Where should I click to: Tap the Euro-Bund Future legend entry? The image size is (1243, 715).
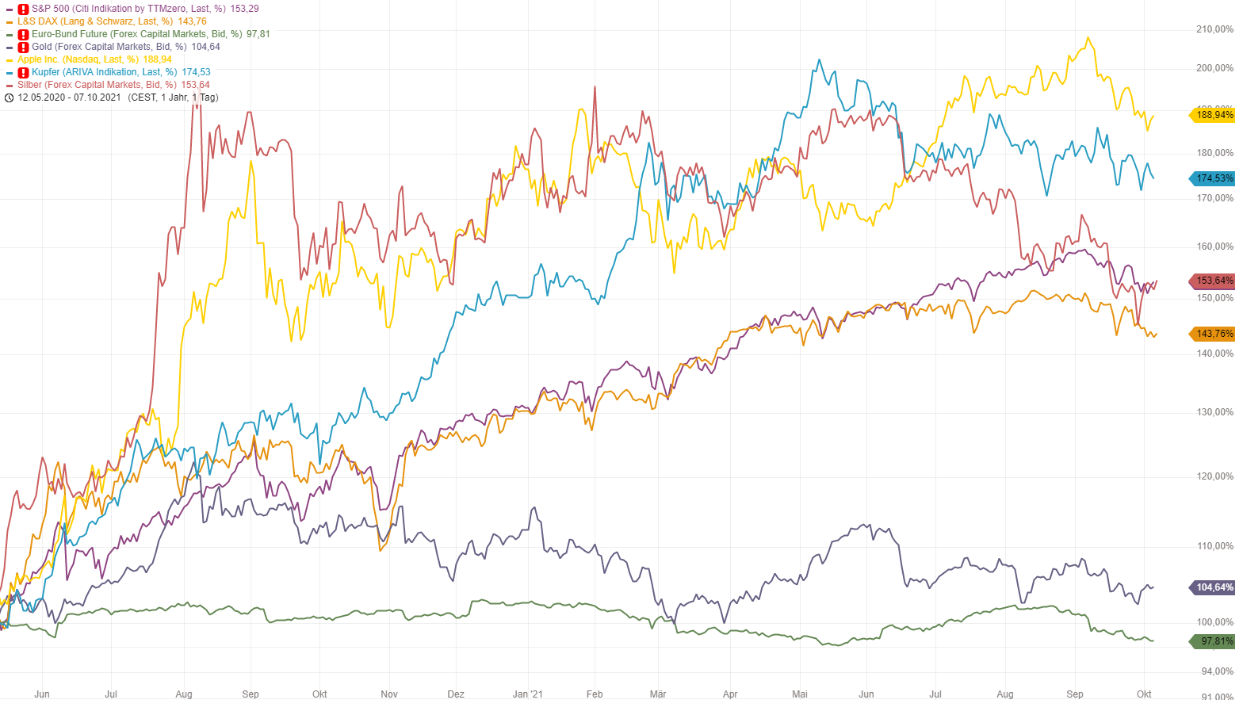point(136,34)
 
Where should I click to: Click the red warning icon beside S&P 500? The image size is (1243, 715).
point(23,9)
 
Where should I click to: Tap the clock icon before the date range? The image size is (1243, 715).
point(9,97)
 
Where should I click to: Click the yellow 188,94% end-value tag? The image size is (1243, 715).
point(1213,115)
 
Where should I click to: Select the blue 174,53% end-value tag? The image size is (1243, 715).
point(1213,178)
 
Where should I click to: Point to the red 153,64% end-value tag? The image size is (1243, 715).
point(1213,281)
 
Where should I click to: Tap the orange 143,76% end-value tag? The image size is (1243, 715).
point(1213,334)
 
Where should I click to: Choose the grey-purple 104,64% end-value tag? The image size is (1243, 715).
point(1213,587)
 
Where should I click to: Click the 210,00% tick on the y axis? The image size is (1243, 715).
point(1214,29)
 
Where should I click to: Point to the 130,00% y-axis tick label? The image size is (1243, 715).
point(1214,412)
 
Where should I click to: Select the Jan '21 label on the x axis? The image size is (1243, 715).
point(528,694)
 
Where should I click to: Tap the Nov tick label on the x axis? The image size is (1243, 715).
point(389,694)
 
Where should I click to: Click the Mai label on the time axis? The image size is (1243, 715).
point(800,694)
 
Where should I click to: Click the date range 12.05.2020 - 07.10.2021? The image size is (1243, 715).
point(69,97)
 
